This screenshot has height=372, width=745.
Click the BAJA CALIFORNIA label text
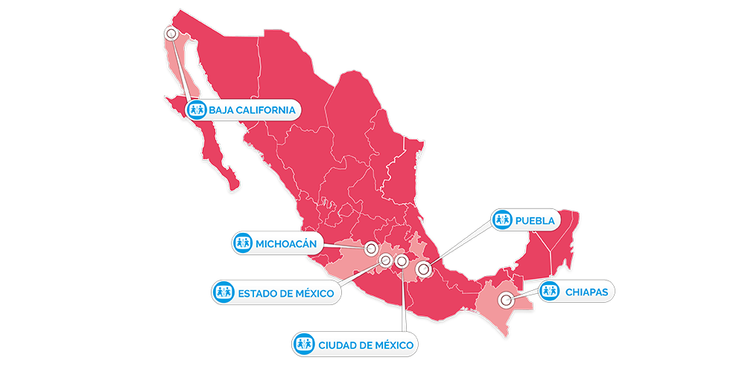[253, 111]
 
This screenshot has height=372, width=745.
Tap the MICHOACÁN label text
[287, 243]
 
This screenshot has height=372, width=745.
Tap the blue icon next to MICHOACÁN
[242, 243]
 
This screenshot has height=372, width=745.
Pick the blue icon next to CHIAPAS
[549, 291]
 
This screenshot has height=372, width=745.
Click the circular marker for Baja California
[172, 33]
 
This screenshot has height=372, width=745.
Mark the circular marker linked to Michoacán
[371, 251]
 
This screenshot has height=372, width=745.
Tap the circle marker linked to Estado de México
[385, 260]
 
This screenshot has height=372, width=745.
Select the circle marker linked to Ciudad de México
[402, 261]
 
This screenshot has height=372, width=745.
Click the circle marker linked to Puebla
[424, 269]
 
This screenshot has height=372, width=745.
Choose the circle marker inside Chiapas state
[507, 301]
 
